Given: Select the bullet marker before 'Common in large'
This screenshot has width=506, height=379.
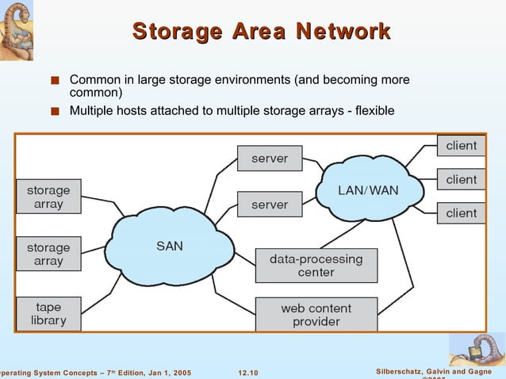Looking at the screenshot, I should pos(53,82).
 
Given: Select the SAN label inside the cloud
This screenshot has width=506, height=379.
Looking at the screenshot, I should pos(170,246).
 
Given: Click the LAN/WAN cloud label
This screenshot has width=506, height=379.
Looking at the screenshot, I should pos(368,190).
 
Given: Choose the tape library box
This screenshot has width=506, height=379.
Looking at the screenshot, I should pos(48,313).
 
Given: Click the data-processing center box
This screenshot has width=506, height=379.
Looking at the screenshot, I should pos(316,266).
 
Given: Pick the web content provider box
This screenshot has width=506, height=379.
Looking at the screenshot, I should pos(316,315).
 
